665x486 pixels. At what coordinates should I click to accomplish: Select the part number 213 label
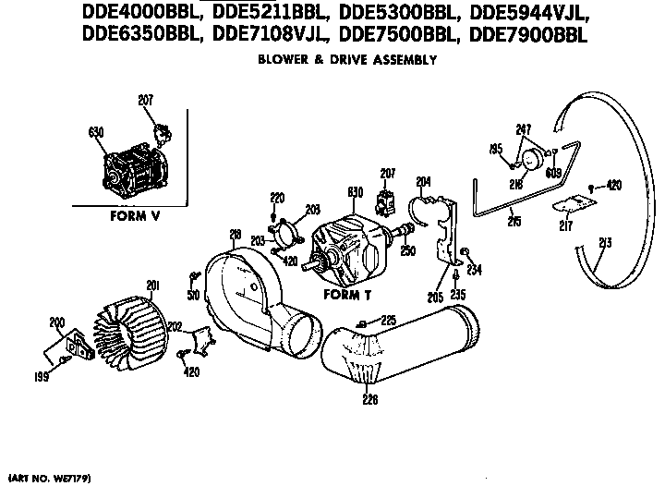606,245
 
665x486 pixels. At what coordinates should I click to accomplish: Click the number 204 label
424,181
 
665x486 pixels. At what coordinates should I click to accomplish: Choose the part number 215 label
513,222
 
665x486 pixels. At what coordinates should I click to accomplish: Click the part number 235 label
459,295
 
